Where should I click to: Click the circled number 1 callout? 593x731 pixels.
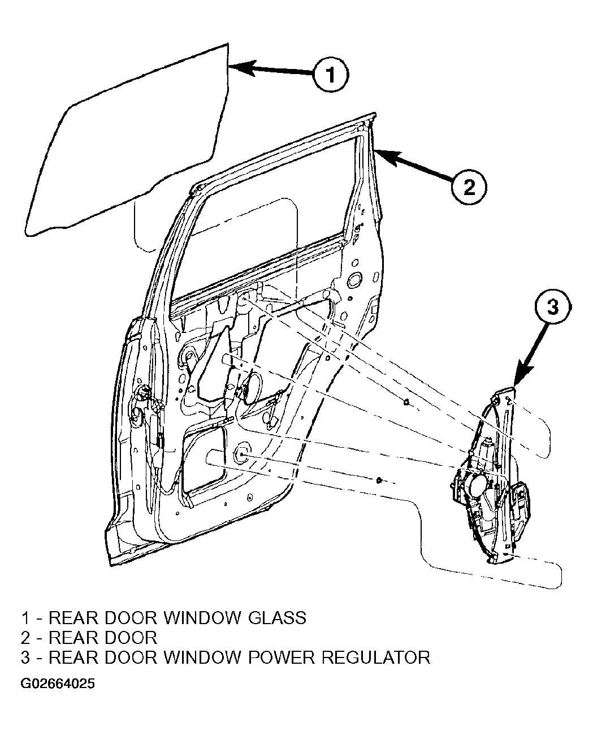coord(331,75)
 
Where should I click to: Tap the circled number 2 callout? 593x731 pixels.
coord(469,188)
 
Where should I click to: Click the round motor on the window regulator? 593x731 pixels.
coord(477,485)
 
